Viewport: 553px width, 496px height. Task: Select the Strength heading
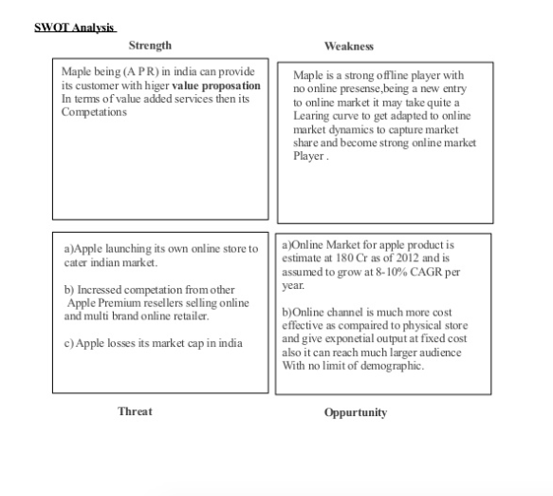pyautogui.click(x=150, y=46)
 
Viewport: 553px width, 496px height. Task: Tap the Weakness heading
pyautogui.click(x=348, y=46)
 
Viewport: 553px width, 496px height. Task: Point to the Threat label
pyautogui.click(x=135, y=410)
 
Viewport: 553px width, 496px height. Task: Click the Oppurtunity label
pyautogui.click(x=355, y=411)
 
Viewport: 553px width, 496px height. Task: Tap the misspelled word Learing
pyautogui.click(x=312, y=116)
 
